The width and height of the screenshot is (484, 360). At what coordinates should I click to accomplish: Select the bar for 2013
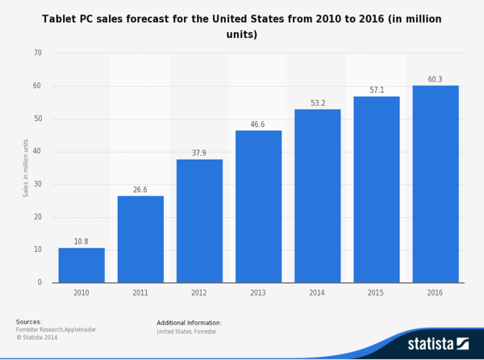[x=258, y=207]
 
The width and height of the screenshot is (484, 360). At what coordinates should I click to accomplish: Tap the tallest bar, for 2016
[x=436, y=184]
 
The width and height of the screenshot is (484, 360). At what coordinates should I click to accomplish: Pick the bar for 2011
[x=140, y=239]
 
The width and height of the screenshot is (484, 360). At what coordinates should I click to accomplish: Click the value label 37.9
[x=199, y=153]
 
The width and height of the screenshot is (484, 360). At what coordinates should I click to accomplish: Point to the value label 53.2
[x=317, y=103]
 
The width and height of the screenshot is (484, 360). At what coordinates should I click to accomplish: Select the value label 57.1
[x=377, y=90]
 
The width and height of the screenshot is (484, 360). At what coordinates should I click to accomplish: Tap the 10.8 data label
[x=81, y=241]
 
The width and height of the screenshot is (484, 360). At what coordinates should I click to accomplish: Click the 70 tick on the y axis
[x=37, y=53]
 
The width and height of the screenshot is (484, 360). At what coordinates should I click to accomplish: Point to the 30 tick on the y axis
[x=37, y=184]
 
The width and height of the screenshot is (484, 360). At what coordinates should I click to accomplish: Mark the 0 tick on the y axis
[x=40, y=283]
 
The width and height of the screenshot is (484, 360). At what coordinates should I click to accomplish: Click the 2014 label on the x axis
[x=317, y=292]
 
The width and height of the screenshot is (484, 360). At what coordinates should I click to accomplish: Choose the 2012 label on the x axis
[x=199, y=292]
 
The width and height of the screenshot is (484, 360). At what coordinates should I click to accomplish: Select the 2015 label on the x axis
[x=377, y=292]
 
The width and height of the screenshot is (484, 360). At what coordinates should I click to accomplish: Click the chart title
[x=241, y=26]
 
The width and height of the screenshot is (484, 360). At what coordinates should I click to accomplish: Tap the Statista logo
[x=438, y=343]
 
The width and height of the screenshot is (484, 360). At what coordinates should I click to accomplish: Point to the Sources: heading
[x=29, y=322]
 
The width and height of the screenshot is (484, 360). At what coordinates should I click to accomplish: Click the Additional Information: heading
[x=189, y=323]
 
